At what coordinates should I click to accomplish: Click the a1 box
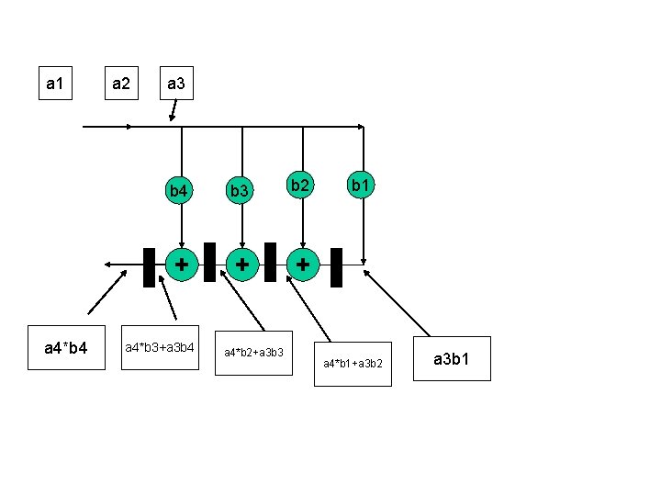click(x=55, y=84)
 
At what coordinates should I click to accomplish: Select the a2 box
click(x=120, y=84)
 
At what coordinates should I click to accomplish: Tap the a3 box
click(x=175, y=84)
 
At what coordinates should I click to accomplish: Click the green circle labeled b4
click(x=181, y=190)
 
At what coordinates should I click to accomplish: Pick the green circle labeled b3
click(x=241, y=190)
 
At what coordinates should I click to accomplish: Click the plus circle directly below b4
click(x=182, y=264)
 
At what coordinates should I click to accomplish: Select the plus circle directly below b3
click(x=241, y=264)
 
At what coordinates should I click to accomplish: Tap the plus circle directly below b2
click(x=302, y=264)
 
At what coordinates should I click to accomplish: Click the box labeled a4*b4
click(x=66, y=348)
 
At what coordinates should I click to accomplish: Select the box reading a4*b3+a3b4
click(x=161, y=348)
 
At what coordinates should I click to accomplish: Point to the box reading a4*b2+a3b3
click(x=252, y=353)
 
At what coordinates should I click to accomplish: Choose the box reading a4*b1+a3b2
click(x=353, y=365)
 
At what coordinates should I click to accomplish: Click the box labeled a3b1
click(x=453, y=358)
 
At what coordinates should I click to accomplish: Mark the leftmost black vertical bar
click(x=149, y=267)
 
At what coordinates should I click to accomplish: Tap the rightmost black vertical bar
click(x=336, y=267)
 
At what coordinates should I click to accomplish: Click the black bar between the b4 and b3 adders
click(x=210, y=262)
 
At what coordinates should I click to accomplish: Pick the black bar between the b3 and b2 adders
click(x=270, y=262)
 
